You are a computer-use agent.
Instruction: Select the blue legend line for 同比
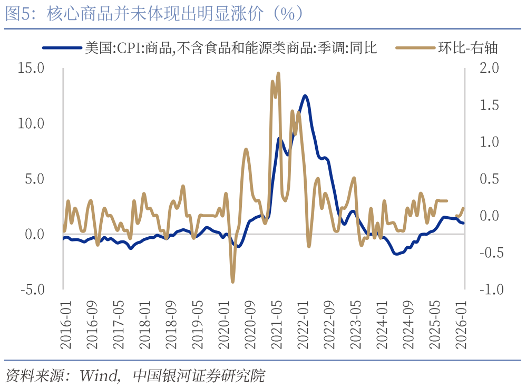click(62, 48)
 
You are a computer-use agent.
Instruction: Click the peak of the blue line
click(305, 96)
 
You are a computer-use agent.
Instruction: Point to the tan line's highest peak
click(278, 73)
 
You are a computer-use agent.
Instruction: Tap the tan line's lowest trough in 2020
click(232, 282)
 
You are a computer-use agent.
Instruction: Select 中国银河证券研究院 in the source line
click(198, 376)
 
